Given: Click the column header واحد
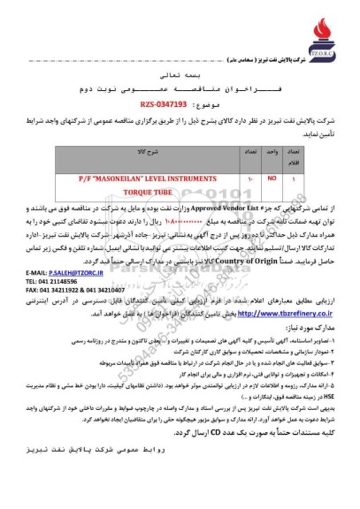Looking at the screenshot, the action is tap(272, 153).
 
